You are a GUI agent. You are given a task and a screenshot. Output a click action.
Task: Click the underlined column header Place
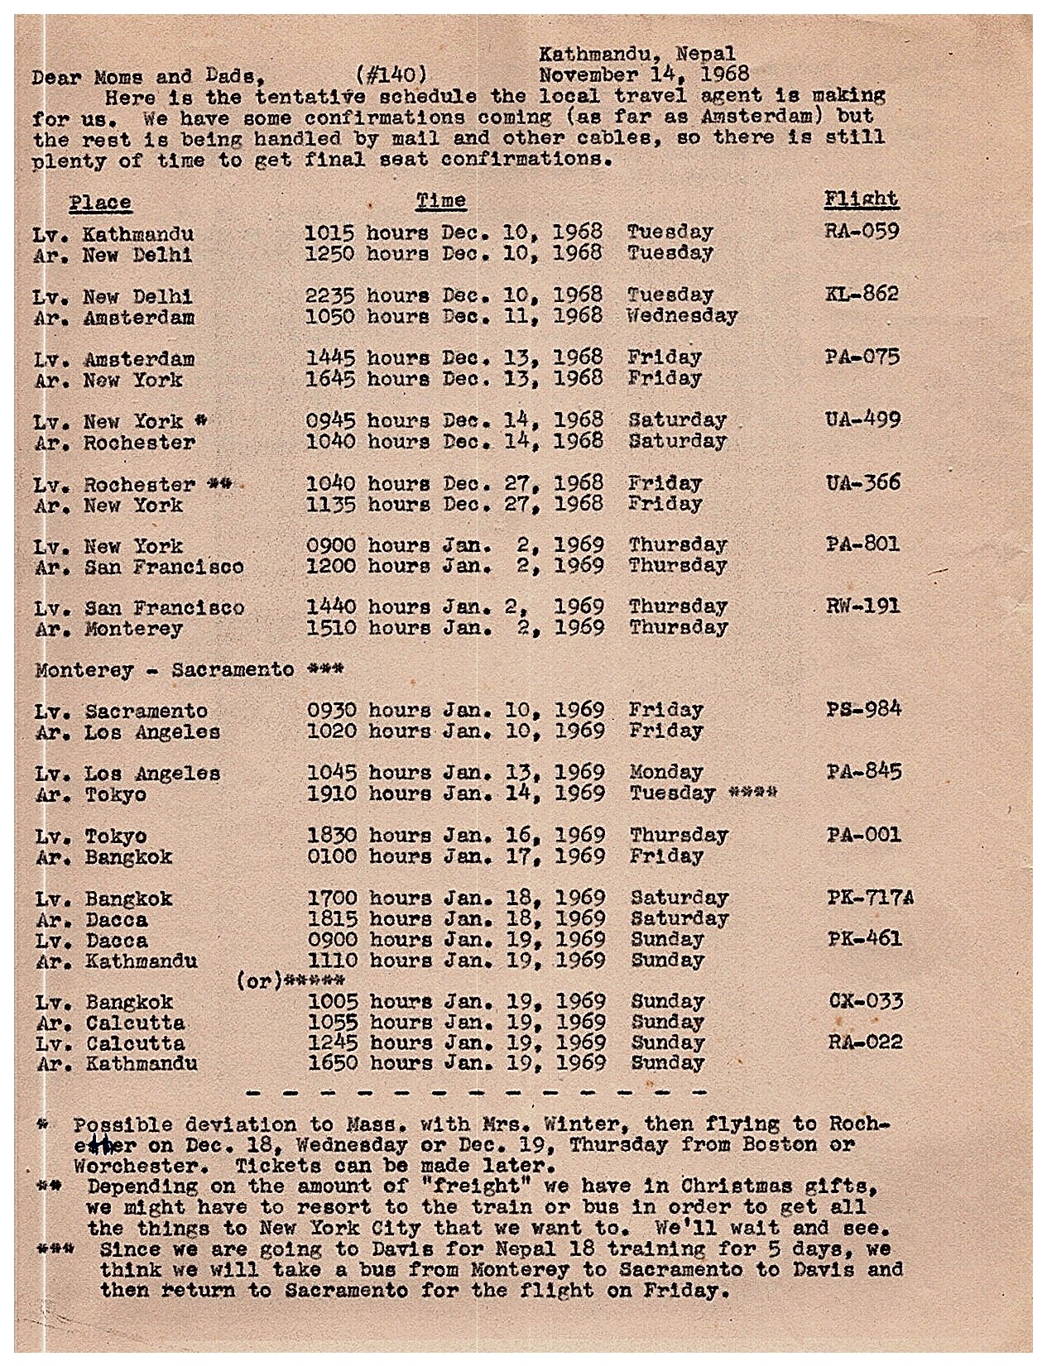click(100, 203)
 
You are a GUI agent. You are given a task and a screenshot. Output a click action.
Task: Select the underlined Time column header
click(440, 200)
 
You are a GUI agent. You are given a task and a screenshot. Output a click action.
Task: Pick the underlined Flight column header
click(861, 199)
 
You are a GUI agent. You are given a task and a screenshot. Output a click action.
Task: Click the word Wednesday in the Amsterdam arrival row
click(682, 315)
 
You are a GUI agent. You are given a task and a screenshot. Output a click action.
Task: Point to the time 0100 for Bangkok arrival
click(332, 856)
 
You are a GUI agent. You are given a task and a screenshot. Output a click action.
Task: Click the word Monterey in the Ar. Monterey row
click(133, 629)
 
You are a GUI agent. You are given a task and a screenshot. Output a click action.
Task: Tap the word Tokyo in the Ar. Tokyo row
click(116, 794)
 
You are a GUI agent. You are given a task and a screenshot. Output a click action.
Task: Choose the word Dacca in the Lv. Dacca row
click(116, 941)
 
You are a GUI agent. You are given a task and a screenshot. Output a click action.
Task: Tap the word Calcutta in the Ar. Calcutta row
click(135, 1023)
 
